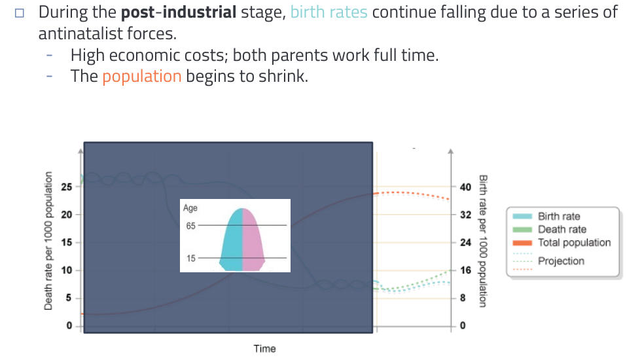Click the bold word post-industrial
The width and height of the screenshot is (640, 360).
179,12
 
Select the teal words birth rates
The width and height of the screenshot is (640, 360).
329,12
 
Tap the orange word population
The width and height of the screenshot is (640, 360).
141,77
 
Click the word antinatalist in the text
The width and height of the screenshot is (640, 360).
80,33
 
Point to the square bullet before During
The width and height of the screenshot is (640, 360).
19,13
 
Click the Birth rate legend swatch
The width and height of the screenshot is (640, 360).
522,216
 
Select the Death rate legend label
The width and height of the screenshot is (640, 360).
562,229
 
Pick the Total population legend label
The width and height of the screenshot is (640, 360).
575,242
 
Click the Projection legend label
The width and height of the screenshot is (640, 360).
561,261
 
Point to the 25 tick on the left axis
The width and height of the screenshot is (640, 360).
66,187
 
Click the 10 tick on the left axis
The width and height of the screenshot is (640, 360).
66,270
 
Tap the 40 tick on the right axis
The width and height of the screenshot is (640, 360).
465,187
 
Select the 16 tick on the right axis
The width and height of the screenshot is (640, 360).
465,270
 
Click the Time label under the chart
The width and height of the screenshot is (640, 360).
264,349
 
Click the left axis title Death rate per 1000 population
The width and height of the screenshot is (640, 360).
48,241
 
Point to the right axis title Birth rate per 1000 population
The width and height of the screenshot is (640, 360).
483,241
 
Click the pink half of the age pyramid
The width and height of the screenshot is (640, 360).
253,245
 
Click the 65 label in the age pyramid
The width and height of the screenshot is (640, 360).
190,226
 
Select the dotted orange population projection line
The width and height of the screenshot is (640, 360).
412,194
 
